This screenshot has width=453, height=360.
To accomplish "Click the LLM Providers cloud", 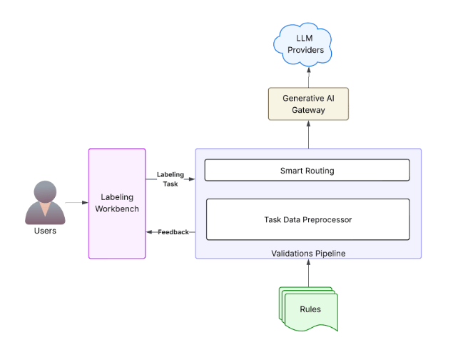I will pyautogui.click(x=308, y=44).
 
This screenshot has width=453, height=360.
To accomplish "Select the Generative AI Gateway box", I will pyautogui.click(x=308, y=104).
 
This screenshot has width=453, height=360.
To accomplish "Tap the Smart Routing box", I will pyautogui.click(x=307, y=171).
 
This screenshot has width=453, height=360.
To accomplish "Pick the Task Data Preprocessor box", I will pyautogui.click(x=307, y=219).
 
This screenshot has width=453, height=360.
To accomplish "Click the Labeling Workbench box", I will pyautogui.click(x=117, y=203).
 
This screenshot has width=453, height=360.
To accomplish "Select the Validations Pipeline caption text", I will pyautogui.click(x=307, y=254).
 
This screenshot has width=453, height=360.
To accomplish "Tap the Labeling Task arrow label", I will pyautogui.click(x=170, y=179).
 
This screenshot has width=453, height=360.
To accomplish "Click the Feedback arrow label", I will pyautogui.click(x=173, y=232).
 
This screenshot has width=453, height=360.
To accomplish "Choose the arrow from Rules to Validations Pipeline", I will pyautogui.click(x=308, y=272).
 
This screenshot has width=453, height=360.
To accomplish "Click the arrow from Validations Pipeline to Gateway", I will pyautogui.click(x=308, y=134).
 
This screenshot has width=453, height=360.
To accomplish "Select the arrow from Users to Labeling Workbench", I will pyautogui.click(x=76, y=204).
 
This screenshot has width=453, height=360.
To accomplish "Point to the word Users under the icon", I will pyautogui.click(x=45, y=231).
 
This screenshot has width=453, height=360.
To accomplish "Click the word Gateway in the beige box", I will pyautogui.click(x=308, y=110).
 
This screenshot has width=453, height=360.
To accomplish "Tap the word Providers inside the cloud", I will pyautogui.click(x=308, y=50).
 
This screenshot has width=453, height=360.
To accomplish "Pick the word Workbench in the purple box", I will pyautogui.click(x=117, y=209).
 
